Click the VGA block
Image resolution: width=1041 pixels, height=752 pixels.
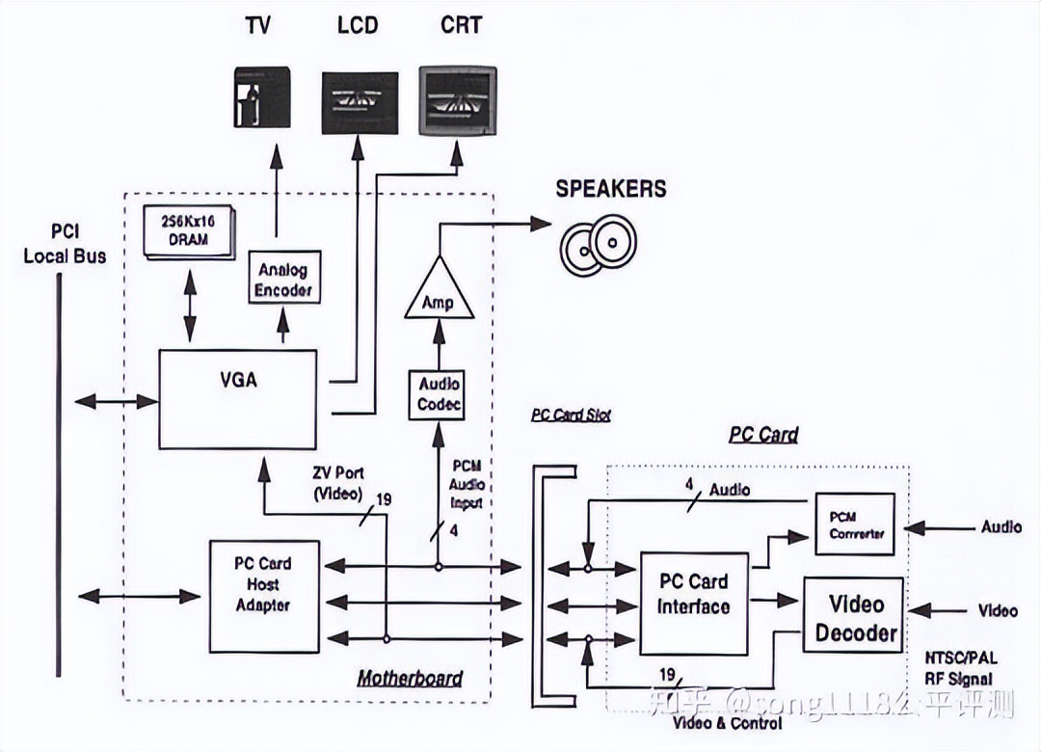pos(237,399)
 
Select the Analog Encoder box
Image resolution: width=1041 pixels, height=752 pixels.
pos(284,278)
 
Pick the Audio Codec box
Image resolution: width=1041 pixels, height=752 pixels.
pos(439,393)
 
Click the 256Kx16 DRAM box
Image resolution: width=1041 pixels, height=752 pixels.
pos(187,230)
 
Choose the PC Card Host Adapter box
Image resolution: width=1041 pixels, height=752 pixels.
pos(263,584)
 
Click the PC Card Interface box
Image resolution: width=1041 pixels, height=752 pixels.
pos(694,604)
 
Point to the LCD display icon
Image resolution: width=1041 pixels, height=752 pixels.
pos(360,103)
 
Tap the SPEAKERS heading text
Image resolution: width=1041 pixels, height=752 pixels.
pos(611,188)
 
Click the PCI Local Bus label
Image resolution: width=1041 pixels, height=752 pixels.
pos(65,244)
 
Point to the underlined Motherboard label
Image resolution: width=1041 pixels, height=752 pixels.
pos(410,679)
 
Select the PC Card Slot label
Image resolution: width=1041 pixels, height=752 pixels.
pos(571,416)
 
